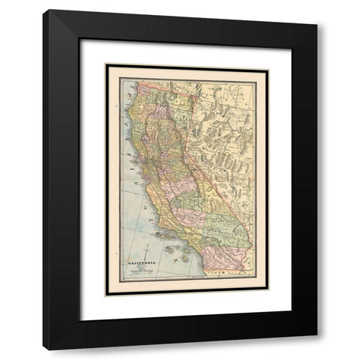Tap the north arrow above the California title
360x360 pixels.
click(x=148, y=252)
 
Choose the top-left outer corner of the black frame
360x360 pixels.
click(x=42, y=9)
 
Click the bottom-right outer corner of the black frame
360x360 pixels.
click(x=318, y=350)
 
